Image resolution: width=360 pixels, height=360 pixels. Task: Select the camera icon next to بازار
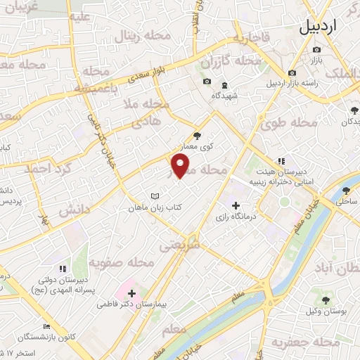[x=316, y=49]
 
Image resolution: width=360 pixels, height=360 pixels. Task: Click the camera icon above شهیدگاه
[x=207, y=82]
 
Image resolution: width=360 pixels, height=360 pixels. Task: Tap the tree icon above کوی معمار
[x=196, y=136]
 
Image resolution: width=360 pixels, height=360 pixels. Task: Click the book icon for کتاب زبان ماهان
[x=155, y=195]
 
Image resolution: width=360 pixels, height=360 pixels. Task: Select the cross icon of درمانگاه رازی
[x=236, y=205]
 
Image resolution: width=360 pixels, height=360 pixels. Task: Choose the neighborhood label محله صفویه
[x=122, y=263]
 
